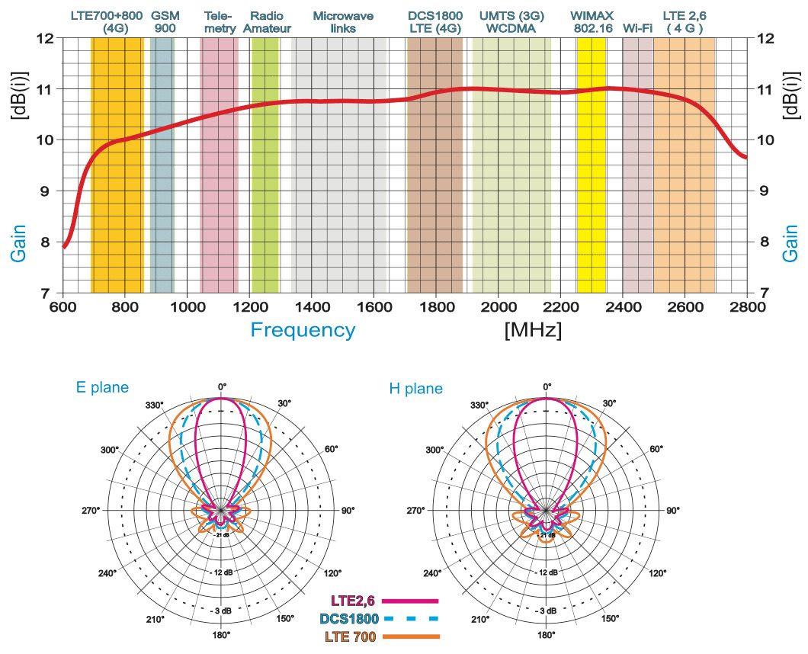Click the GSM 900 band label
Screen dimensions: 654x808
tap(165, 21)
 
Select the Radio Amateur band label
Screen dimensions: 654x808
tap(267, 21)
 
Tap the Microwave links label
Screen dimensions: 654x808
tap(343, 21)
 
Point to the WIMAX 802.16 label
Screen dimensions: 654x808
tap(590, 21)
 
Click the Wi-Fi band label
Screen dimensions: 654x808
tap(637, 28)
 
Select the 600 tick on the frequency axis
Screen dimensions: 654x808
tap(63, 306)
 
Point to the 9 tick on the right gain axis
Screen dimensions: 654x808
tap(765, 191)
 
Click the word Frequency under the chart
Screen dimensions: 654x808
tap(303, 330)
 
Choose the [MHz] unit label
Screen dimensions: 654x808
tap(533, 331)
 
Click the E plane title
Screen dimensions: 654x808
tap(102, 387)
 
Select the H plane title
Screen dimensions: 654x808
tap(415, 389)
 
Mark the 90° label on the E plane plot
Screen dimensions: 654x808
tap(348, 511)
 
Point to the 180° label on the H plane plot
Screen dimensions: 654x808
tap(546, 634)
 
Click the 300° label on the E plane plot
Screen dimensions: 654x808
tap(110, 450)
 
